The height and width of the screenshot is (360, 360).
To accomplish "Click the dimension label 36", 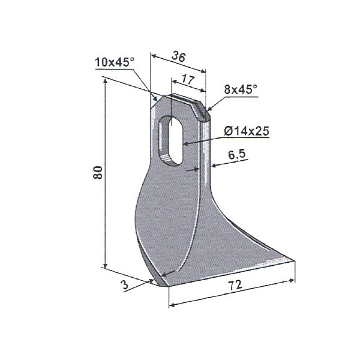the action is point(179,56).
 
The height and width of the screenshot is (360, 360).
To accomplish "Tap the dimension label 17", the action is point(188,79).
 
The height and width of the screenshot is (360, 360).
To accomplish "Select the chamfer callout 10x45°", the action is point(115,62).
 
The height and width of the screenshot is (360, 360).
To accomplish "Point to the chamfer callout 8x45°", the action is point(241,89).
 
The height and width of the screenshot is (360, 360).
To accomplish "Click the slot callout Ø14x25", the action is point(246,131).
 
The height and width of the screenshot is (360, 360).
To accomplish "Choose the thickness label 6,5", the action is point(237,155).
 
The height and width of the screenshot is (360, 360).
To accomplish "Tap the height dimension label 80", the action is point(98,172).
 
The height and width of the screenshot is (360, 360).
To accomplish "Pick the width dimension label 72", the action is point(235,284).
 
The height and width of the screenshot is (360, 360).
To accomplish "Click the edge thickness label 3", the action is point(125,285).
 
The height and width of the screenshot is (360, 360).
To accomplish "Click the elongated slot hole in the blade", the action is point(171,140).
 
